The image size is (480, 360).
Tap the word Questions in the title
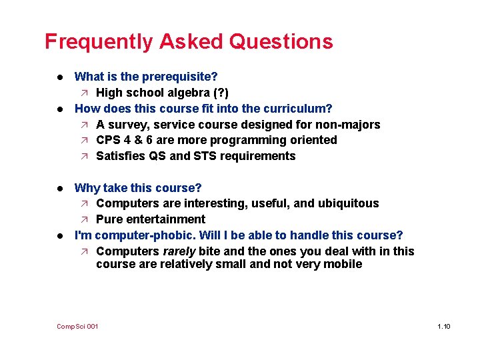(x=281, y=42)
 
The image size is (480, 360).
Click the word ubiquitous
(x=349, y=203)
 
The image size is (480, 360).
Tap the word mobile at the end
(x=344, y=264)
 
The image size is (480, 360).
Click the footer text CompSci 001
(x=77, y=326)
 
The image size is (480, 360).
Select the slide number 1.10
(x=443, y=326)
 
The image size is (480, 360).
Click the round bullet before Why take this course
(x=61, y=188)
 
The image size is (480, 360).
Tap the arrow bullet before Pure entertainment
(x=85, y=219)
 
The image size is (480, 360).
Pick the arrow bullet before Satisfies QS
(x=85, y=156)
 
